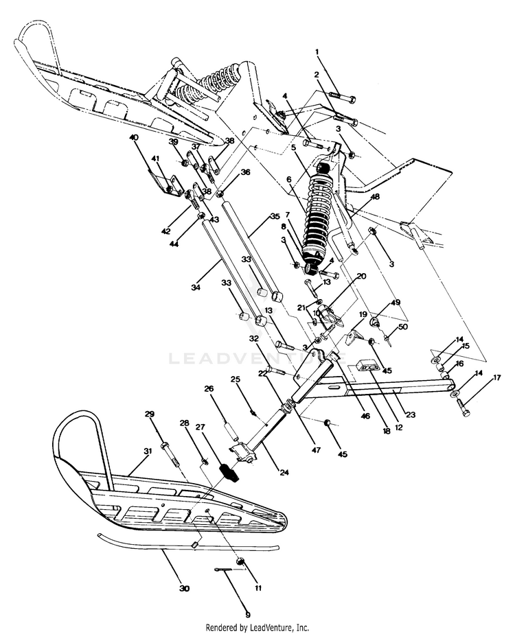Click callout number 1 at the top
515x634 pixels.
[317, 51]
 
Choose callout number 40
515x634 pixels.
[133, 138]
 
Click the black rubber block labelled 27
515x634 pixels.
[229, 473]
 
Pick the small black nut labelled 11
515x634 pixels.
[242, 562]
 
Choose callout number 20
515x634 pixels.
[361, 276]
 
